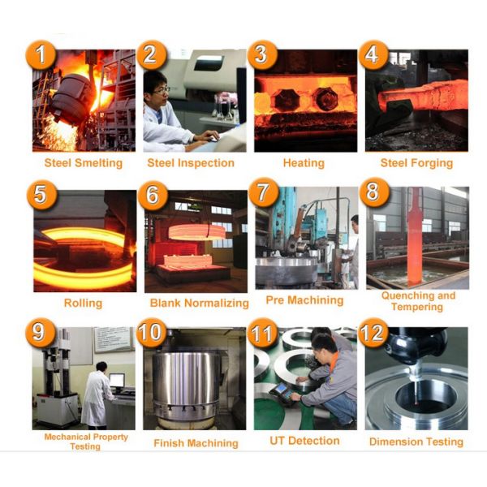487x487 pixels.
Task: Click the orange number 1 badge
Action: (41, 55)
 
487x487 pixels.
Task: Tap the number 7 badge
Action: (263, 192)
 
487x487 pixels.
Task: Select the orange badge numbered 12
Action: (373, 333)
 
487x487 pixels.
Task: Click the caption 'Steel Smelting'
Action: (84, 163)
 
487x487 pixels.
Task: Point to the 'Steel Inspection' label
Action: (191, 163)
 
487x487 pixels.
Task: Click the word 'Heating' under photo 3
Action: (304, 163)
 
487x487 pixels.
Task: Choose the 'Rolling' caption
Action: (83, 303)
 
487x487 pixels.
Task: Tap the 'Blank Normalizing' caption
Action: (200, 303)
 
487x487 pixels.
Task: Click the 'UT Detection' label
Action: (304, 441)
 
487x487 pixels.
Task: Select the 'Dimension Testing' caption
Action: (416, 442)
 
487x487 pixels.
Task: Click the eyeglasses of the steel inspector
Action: (162, 90)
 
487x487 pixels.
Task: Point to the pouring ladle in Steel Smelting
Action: (71, 99)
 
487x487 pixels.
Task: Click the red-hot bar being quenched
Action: (414, 241)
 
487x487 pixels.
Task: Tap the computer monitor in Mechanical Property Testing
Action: (117, 381)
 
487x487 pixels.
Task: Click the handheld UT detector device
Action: (282, 393)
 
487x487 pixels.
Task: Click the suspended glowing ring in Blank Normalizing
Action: (197, 232)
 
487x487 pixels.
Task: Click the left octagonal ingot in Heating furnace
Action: (287, 100)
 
